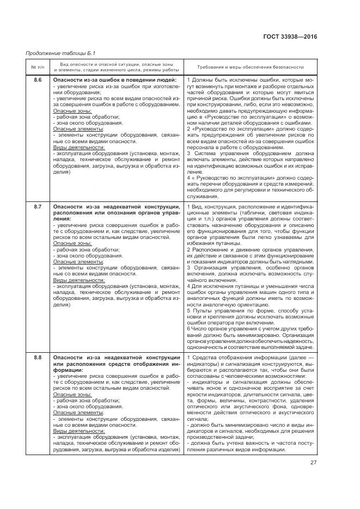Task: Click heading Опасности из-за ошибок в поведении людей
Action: click(115, 81)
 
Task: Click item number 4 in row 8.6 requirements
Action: click(188, 177)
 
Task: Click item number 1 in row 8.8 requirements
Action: click(188, 357)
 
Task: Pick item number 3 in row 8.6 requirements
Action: click(188, 153)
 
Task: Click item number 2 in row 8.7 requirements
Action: click(188, 249)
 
